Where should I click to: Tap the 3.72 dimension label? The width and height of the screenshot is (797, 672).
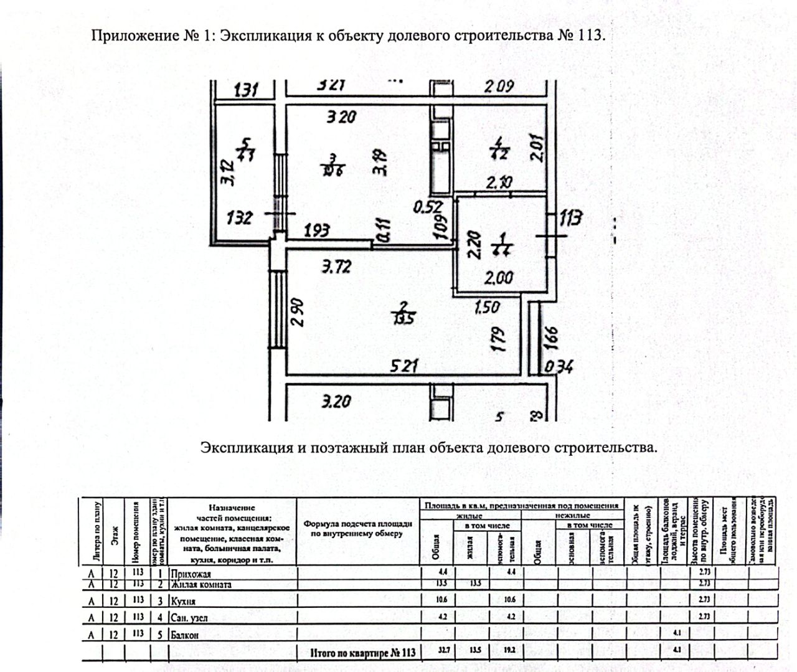pyautogui.click(x=336, y=267)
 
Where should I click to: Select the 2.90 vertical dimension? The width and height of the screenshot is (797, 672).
pyautogui.click(x=297, y=314)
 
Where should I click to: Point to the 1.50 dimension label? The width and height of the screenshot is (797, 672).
pyautogui.click(x=486, y=306)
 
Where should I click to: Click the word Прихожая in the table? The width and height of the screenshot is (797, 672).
pyautogui.click(x=191, y=574)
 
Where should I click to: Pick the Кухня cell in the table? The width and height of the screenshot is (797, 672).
pyautogui.click(x=183, y=602)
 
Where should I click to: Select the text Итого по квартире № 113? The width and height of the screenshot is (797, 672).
pyautogui.click(x=362, y=653)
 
